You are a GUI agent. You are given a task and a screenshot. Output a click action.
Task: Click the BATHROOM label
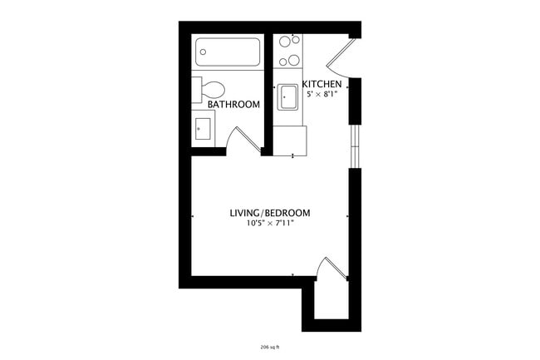[233, 105]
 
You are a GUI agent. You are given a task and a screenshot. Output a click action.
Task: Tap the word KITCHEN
[320, 85]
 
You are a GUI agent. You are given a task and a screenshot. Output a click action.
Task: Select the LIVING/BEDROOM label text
[270, 214]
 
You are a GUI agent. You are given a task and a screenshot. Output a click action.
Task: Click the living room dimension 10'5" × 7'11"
[270, 224]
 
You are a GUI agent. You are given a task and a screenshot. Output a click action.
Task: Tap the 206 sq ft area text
[270, 347]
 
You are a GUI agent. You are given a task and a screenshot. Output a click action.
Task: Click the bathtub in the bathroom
[228, 55]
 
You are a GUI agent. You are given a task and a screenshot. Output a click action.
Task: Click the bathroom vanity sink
[203, 129]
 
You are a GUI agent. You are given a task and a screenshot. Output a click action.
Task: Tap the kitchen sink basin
[288, 96]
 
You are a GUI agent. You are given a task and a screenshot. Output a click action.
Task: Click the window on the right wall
[356, 145]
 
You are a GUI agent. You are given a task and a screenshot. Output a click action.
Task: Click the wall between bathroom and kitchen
[268, 91]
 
